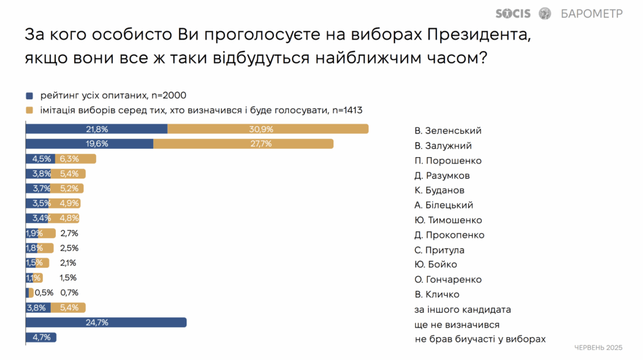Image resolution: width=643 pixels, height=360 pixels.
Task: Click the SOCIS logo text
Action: click(512, 14)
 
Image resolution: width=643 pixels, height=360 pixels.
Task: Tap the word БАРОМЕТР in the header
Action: click(592, 14)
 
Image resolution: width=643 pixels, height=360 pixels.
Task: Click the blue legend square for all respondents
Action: click(29, 95)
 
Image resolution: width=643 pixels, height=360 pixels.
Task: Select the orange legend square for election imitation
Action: click(29, 111)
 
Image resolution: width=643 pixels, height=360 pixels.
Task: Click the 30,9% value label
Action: click(261, 129)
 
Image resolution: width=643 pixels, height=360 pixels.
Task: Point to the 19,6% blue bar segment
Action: click(89, 144)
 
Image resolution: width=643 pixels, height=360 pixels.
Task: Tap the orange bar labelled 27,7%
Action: click(243, 144)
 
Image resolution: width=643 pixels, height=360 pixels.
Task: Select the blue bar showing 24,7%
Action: click(105, 323)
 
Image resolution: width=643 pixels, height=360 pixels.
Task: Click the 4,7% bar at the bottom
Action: click(41, 337)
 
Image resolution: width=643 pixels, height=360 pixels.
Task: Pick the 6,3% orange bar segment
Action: click(75, 159)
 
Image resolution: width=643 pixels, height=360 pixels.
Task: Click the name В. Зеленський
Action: click(448, 131)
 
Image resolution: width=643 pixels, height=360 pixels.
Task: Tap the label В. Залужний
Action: click(443, 146)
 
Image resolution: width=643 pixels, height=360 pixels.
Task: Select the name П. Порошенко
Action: click(448, 160)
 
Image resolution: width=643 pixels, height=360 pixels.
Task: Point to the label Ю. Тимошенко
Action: click(448, 220)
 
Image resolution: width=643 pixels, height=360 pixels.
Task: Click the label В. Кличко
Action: click(437, 294)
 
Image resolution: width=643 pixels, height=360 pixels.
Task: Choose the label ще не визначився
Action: click(457, 325)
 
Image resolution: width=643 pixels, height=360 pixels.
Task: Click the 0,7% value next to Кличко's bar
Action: click(69, 293)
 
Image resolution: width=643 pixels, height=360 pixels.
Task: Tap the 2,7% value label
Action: click(69, 233)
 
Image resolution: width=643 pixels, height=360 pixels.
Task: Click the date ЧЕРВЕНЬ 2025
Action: click(598, 347)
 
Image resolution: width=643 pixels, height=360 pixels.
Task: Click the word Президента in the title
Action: click(478, 35)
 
